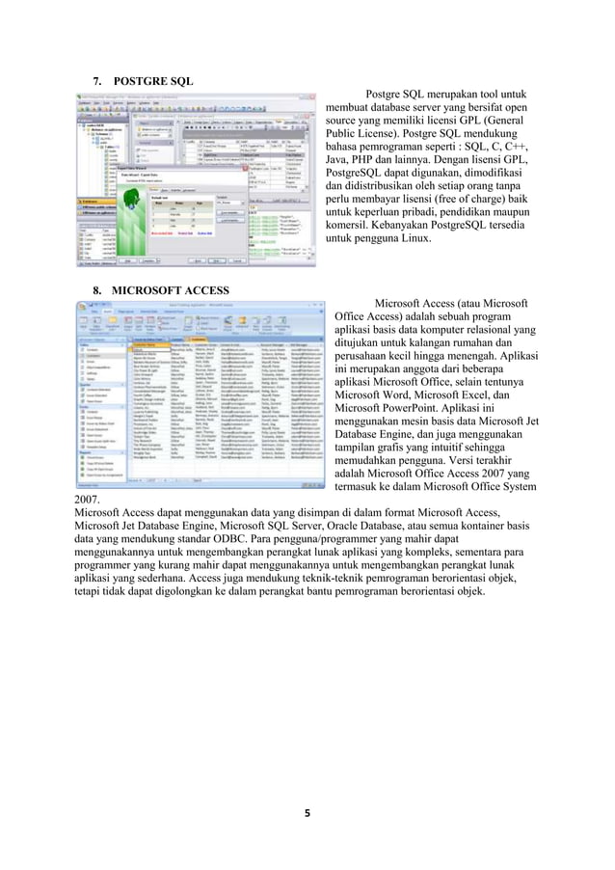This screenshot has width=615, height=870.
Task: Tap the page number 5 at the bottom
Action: point(307,813)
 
